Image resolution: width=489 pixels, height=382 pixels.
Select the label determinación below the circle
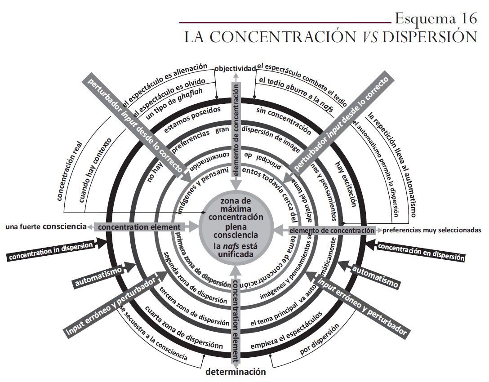click(x=236, y=372)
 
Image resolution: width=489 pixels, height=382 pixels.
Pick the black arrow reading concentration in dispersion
click(x=52, y=251)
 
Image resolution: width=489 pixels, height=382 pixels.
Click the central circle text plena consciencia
click(x=236, y=230)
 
